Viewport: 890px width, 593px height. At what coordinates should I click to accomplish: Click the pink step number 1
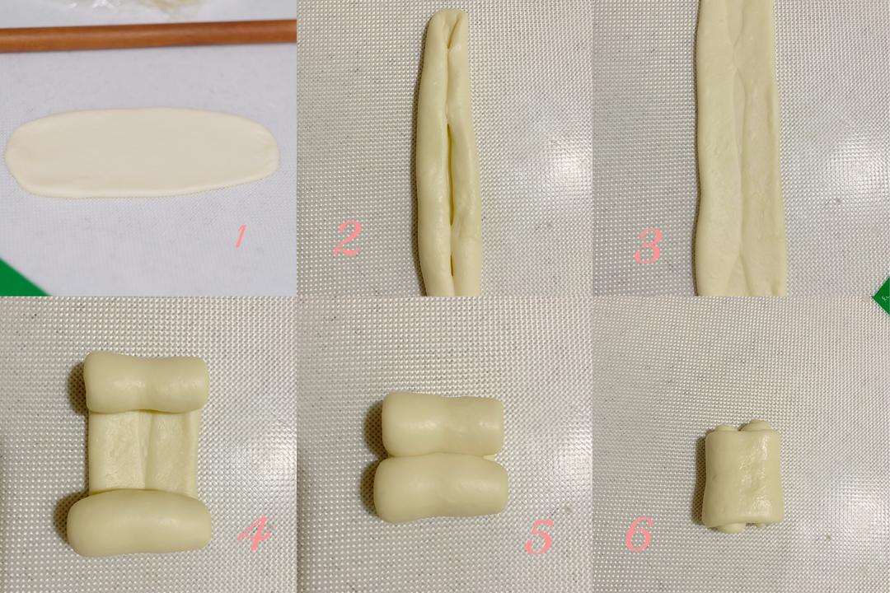pos(241,236)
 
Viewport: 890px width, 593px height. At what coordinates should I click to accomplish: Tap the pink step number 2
pos(348,238)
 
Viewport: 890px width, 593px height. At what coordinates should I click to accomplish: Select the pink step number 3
pos(648,245)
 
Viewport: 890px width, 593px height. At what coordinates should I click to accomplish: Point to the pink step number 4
pos(254,535)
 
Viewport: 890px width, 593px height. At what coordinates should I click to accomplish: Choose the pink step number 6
pos(639,534)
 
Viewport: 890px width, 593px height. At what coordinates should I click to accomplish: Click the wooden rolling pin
pos(148,36)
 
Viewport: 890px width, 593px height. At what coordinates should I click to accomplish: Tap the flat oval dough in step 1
pos(143,152)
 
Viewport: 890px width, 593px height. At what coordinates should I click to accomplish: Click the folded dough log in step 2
pos(448,153)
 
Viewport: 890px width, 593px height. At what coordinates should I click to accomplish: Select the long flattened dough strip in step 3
pos(739,147)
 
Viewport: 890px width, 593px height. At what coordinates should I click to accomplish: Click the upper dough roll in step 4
pos(145,382)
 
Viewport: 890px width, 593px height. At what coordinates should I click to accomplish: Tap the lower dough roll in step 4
pos(139,522)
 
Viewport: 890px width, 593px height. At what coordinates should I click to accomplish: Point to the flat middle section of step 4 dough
pos(144,452)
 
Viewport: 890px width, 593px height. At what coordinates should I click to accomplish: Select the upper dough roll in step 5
pos(442,424)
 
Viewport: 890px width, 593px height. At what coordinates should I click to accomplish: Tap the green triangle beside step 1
pos(17,281)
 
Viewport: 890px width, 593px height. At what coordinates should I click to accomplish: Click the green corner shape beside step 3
pos(882,295)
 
